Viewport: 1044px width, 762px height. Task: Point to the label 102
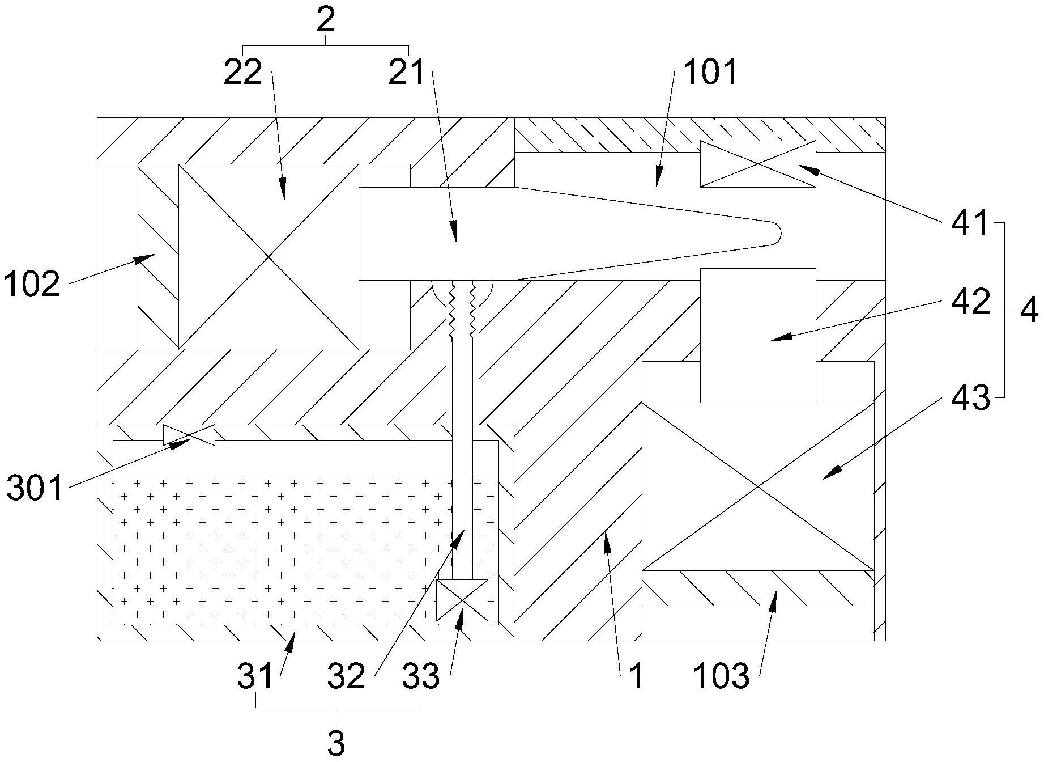[32, 284]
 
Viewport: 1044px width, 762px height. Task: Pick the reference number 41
[970, 223]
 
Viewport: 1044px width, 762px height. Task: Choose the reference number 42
[971, 302]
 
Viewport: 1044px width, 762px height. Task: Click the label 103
[721, 677]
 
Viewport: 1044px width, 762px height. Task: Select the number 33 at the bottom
[421, 676]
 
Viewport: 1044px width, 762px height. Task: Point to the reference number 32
[347, 676]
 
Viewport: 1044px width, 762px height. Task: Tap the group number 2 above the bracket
[326, 22]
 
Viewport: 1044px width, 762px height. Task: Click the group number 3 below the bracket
[336, 742]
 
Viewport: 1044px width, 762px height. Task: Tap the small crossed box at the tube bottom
[462, 600]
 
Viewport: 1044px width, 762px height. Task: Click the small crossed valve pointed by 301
[189, 435]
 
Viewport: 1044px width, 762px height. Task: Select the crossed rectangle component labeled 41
[758, 164]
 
